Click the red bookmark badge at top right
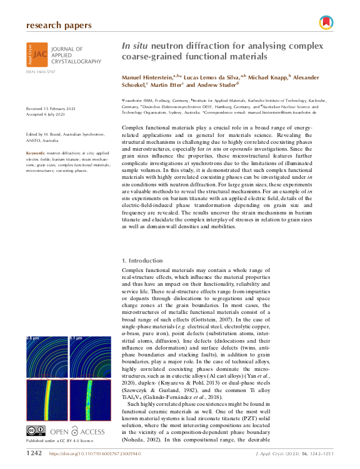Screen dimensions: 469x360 tap(325, 23)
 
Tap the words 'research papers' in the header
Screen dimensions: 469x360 tap(59, 26)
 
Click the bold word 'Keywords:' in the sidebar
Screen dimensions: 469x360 tap(36, 153)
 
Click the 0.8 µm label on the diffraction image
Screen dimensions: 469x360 tap(33, 337)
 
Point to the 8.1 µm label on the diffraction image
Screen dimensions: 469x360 tap(75, 337)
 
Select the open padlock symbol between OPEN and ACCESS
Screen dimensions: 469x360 tap(75, 413)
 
